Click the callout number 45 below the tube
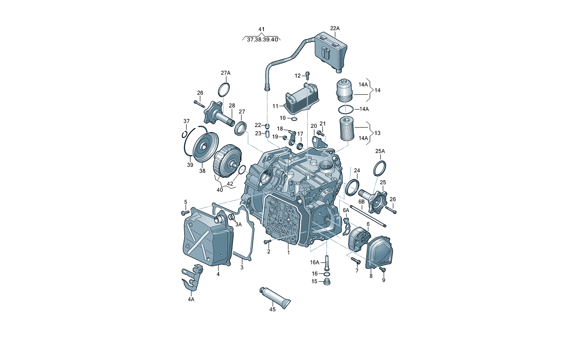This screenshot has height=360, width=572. click(272, 310)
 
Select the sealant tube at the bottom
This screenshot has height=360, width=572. click(275, 298)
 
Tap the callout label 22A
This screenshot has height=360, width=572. click(335, 28)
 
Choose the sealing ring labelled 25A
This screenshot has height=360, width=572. click(380, 168)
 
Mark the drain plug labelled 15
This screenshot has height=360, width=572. click(327, 282)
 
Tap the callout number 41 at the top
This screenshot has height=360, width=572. click(261, 29)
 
